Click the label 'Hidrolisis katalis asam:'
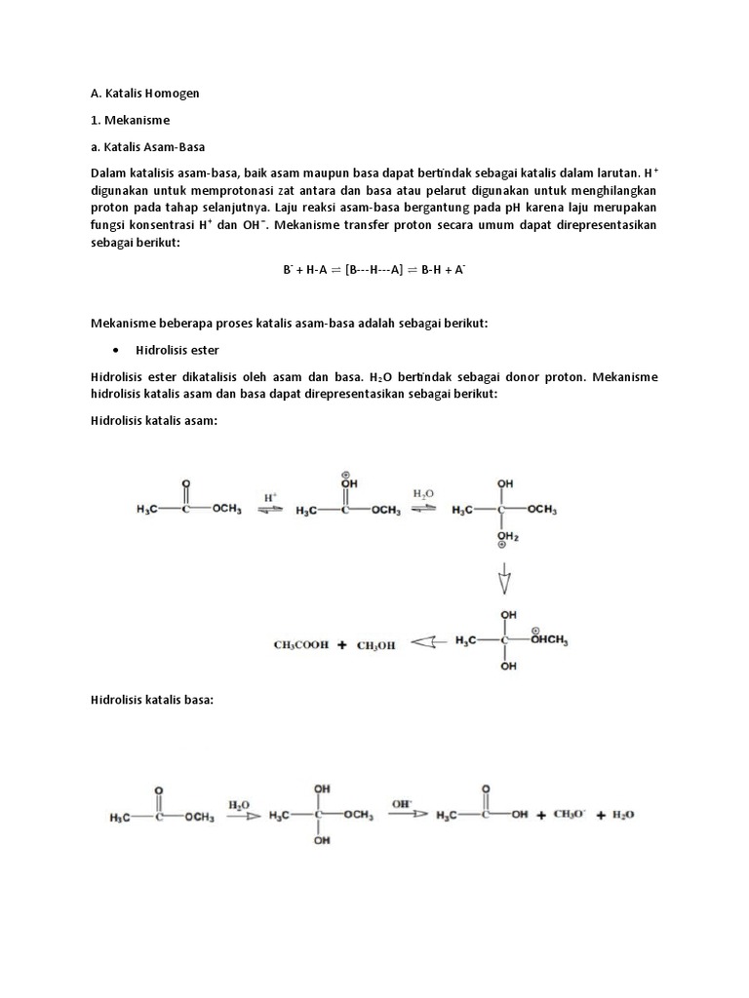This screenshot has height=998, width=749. (x=152, y=419)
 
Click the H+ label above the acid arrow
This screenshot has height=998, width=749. (x=270, y=496)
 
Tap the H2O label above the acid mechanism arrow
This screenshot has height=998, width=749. (x=424, y=494)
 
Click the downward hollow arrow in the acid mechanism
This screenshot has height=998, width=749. (x=504, y=582)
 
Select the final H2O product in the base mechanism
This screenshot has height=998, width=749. (x=622, y=815)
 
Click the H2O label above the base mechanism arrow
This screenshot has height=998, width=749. (x=239, y=805)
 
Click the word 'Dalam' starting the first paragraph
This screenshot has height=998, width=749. (x=109, y=173)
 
